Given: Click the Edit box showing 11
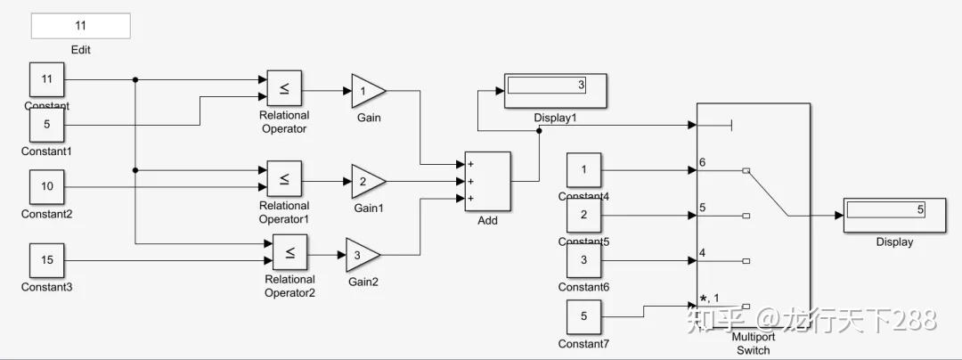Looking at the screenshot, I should point(80,26).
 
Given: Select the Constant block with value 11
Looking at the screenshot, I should point(47,80).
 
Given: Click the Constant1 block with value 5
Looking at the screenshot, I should point(47,125).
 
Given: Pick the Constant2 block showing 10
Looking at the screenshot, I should point(47,187).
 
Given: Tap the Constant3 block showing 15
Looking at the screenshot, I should point(47,260).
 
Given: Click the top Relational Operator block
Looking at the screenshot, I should point(284,89).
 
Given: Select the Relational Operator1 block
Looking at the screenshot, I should point(284,179).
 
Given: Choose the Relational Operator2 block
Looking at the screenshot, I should point(289,253).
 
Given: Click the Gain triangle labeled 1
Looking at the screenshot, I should point(366,91).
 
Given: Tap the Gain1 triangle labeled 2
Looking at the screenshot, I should point(366,181).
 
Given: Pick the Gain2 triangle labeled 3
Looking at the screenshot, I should point(361,255).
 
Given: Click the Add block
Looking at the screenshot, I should point(486,181).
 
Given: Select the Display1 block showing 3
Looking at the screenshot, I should point(556,90).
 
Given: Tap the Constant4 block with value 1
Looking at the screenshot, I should point(583,170).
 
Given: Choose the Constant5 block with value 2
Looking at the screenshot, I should point(583,215).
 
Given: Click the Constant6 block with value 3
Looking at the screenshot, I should point(583,261).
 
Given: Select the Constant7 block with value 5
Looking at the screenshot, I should point(583,316).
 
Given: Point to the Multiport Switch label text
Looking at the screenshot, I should point(753,343).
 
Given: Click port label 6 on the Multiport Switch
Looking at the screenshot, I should point(703,162).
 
